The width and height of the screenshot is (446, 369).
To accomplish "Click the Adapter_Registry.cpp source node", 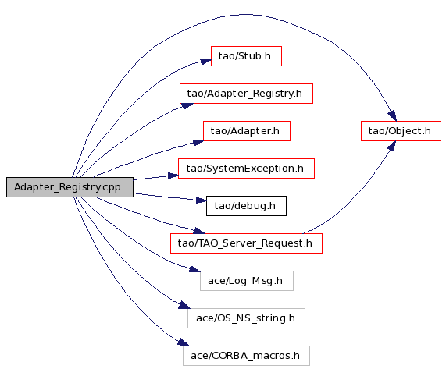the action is (x=70, y=187).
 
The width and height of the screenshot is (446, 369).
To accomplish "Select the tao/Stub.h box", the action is (x=246, y=56).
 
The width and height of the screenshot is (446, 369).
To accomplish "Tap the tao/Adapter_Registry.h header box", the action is (x=246, y=94).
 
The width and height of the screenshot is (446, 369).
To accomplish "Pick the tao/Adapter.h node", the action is (x=247, y=131).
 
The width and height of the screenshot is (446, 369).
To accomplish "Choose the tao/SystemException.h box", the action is (x=246, y=169).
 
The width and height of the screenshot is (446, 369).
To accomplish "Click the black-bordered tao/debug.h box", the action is (x=246, y=206).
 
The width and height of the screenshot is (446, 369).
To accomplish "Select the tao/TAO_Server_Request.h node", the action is (x=246, y=243).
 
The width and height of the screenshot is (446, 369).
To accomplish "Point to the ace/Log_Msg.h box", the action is (x=247, y=281).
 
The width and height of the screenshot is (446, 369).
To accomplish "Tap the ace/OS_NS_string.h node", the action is (x=246, y=318).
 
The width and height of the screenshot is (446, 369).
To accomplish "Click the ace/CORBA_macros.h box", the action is (x=246, y=356).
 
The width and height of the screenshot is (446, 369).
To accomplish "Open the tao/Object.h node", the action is (x=401, y=131).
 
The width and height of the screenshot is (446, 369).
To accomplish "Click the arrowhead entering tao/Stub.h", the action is (x=205, y=61).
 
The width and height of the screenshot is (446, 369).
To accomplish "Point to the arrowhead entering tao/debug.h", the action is (x=201, y=200).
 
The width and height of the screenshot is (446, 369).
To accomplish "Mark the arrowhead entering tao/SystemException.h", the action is (x=173, y=176).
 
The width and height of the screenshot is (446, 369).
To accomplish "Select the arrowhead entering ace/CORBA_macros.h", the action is (x=184, y=342).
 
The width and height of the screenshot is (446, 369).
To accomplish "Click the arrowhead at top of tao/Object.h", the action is (x=392, y=116).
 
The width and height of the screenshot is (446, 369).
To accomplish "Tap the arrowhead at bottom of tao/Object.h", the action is (x=391, y=146).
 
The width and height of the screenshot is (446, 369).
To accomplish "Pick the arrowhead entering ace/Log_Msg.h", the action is (x=194, y=269).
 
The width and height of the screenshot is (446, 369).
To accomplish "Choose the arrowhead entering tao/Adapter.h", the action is (x=198, y=142).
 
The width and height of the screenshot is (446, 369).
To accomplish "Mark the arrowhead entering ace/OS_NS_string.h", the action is (x=184, y=305).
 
